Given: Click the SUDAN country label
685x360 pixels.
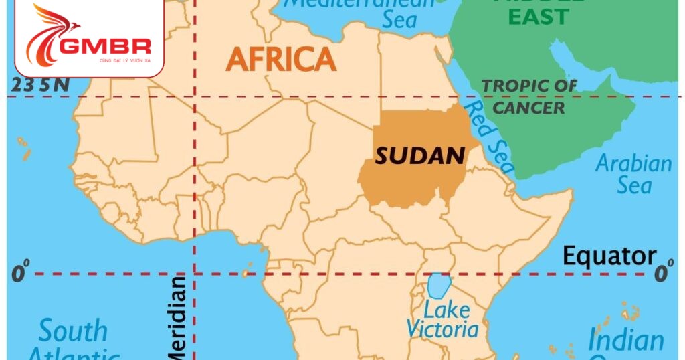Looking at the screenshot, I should (419, 156).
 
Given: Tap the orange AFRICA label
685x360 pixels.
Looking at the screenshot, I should (281, 60).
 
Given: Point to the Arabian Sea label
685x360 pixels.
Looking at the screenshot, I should (633, 173).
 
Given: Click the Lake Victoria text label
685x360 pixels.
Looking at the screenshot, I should (443, 320).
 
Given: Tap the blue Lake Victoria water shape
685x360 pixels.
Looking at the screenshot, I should (437, 286).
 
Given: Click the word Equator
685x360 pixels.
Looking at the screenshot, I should (609, 256).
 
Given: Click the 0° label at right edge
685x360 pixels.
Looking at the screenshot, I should (663, 273).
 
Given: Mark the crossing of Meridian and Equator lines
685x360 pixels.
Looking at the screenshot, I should (195, 273).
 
